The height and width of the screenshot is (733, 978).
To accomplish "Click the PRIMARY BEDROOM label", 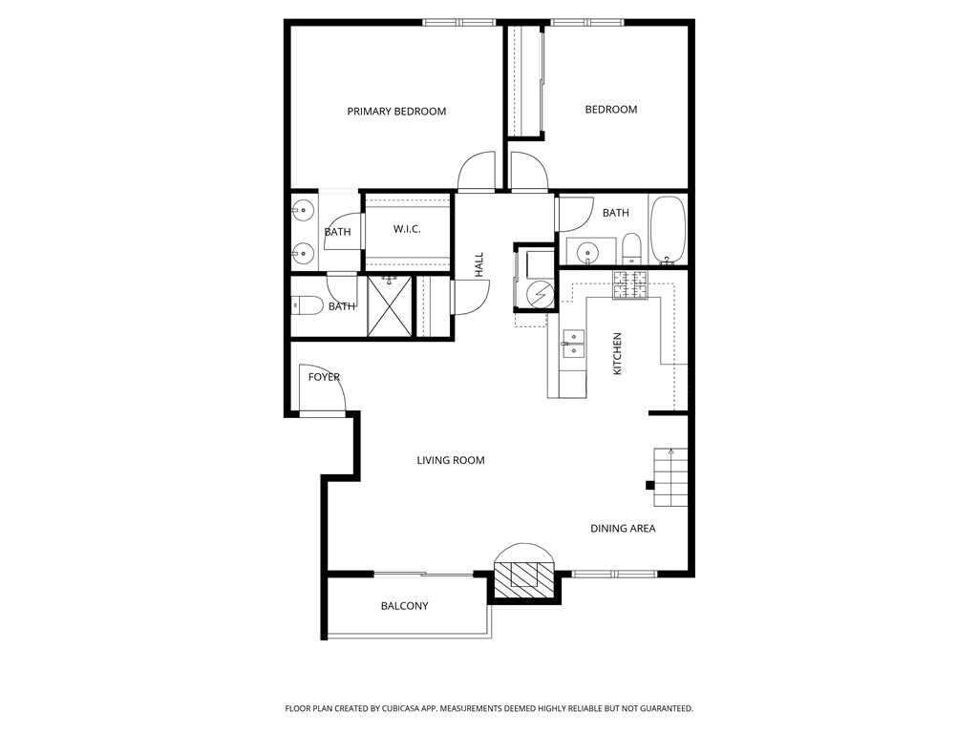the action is [x=396, y=112].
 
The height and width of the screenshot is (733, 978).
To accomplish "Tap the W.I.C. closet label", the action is [x=407, y=229].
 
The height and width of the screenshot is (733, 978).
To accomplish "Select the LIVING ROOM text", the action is [x=451, y=461].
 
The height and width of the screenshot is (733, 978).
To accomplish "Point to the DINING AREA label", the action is [x=623, y=529].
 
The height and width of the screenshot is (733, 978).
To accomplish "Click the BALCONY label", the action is [x=404, y=606].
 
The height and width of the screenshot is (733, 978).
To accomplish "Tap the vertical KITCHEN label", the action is [x=618, y=353].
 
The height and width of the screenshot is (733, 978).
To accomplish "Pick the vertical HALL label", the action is [x=479, y=265].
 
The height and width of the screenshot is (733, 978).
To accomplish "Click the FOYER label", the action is [x=324, y=377].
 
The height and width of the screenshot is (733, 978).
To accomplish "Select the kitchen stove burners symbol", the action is [x=630, y=284].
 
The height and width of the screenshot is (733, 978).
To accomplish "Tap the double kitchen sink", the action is [x=573, y=345].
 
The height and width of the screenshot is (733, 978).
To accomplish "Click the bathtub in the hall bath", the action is [x=668, y=231].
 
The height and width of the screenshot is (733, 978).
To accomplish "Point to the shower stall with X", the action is [x=390, y=306].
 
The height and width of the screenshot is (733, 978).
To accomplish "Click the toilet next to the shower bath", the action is [x=307, y=306].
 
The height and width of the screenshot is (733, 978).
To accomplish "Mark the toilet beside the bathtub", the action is [x=632, y=249].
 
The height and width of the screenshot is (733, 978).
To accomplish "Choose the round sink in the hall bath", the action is [x=587, y=252].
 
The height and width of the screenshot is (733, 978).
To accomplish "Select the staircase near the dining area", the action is [x=670, y=477].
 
